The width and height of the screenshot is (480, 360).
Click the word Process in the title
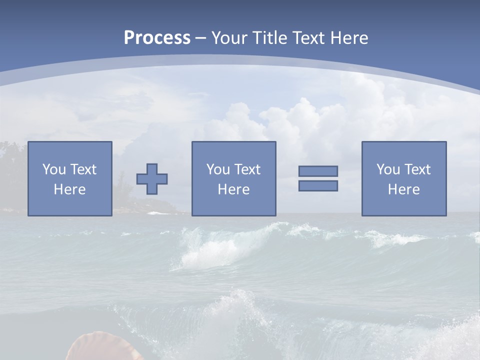coord(157,38)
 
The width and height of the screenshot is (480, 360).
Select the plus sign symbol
coord(152,179)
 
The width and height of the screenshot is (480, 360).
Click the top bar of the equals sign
coord(318,171)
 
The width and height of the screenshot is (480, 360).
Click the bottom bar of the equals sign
coord(318,185)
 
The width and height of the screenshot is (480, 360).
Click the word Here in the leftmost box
coord(70,189)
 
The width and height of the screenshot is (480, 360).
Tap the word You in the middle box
coord(217,169)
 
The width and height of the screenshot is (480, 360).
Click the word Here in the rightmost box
coord(404,189)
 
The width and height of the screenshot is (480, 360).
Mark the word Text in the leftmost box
coord(83,169)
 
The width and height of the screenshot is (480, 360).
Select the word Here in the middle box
coord(233,189)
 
